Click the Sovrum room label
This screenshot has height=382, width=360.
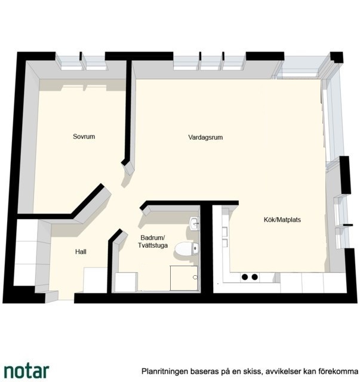[x=84, y=137]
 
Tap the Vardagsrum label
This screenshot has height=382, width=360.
[x=205, y=137]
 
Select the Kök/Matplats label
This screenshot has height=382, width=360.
[x=282, y=220]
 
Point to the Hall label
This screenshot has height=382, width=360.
[x=81, y=252]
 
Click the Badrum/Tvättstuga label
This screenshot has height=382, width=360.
[x=153, y=241]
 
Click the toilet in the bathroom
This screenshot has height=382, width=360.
[x=187, y=249]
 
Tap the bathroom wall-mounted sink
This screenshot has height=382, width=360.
[x=195, y=223]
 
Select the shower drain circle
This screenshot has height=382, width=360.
[x=195, y=277]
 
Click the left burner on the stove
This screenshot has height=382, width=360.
[x=245, y=277]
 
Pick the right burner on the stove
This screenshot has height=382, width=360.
[x=255, y=277]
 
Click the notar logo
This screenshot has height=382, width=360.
[x=27, y=371]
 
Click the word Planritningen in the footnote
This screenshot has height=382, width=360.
[x=165, y=371]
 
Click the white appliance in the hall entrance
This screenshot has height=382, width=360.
[x=96, y=280]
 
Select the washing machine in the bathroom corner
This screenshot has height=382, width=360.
[x=126, y=282]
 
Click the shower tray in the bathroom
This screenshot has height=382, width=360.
[x=184, y=278]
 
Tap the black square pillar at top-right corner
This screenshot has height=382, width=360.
[x=337, y=57]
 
